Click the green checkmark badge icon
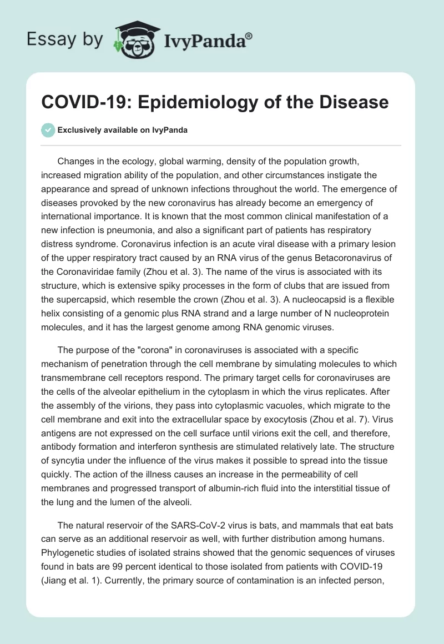click(x=48, y=130)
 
